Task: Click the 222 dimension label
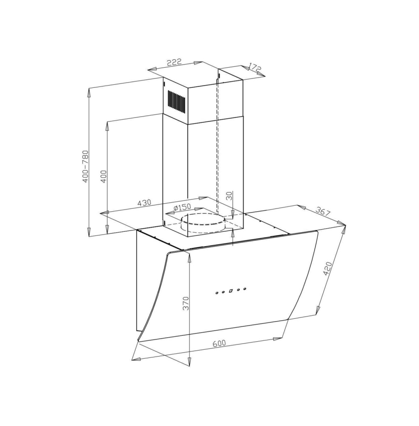(174, 62)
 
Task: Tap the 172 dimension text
(255, 68)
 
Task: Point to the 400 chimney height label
(103, 176)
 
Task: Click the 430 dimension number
(144, 203)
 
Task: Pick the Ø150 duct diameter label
(182, 207)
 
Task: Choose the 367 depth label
(323, 212)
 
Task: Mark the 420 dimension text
(327, 268)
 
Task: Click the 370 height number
(186, 303)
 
